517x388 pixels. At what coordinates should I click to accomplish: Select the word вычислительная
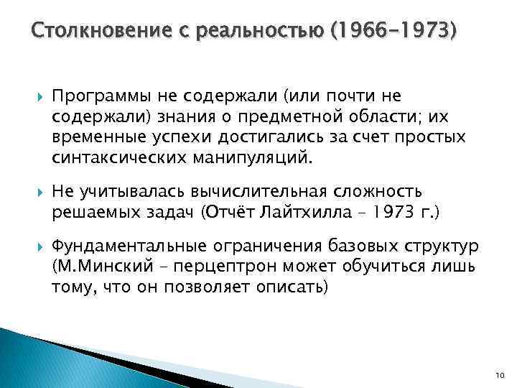pos(258,193)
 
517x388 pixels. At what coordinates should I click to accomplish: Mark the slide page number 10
pos(500,375)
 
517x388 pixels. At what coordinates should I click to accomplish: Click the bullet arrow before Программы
pos(39,96)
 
